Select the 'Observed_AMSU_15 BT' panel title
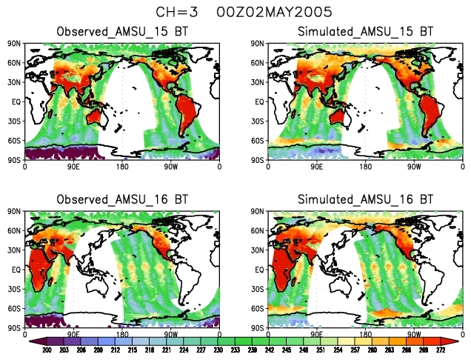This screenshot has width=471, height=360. click(123, 33)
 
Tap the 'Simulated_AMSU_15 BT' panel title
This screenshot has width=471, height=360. click(364, 33)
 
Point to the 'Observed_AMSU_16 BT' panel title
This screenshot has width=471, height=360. click(123, 200)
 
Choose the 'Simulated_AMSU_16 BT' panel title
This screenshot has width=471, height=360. click(364, 200)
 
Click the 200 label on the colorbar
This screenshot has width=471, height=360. click(46, 350)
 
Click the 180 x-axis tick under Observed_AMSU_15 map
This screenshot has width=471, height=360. click(123, 167)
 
